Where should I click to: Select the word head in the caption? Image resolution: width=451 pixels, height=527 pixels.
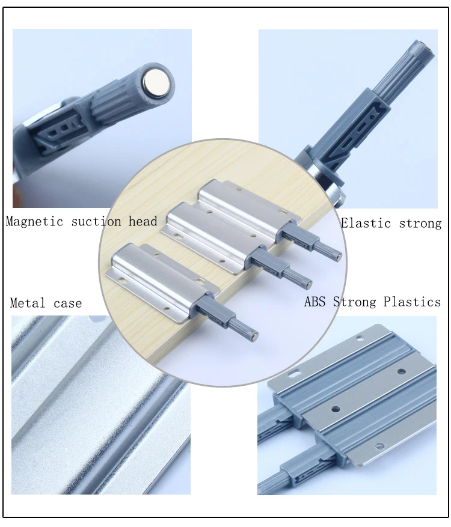(143, 221)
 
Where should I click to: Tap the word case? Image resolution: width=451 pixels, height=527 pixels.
(67, 303)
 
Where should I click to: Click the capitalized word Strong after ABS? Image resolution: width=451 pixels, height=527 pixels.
(354, 301)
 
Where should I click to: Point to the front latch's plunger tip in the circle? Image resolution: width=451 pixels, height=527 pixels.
(256, 332)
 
